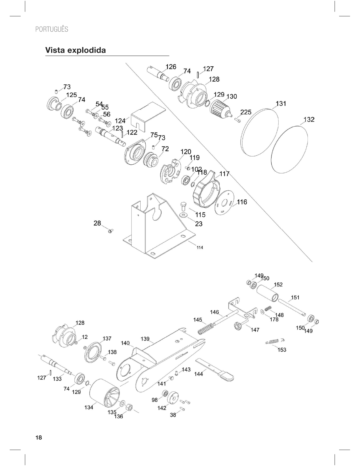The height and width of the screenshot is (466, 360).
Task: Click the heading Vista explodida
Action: click(x=76, y=50)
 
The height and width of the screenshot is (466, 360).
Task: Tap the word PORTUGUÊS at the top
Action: click(x=52, y=29)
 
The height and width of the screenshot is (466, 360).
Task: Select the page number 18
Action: click(x=39, y=438)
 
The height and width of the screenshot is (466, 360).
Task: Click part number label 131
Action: click(x=281, y=104)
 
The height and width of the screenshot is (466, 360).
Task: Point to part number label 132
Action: click(x=309, y=119)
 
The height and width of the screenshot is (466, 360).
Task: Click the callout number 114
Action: click(x=200, y=248)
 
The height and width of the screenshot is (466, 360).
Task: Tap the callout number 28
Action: click(x=97, y=223)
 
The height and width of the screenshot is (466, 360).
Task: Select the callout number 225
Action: click(x=246, y=112)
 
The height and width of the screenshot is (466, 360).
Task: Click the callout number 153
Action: click(x=282, y=350)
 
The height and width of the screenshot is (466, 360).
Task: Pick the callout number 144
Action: click(x=198, y=374)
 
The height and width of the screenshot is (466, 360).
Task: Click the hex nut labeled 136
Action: click(x=128, y=407)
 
